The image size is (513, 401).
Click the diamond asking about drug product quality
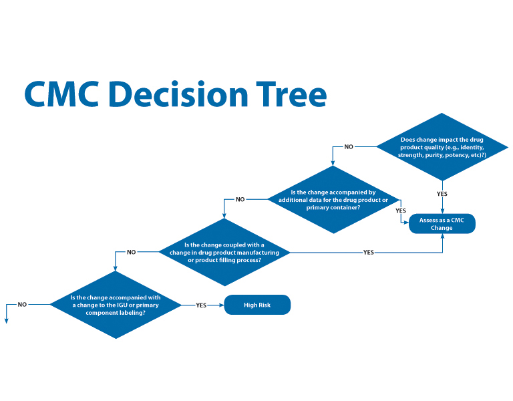point(443,146)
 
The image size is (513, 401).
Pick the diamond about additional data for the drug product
point(334,199)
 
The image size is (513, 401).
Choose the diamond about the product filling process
point(224,252)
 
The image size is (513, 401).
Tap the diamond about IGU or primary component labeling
point(116,304)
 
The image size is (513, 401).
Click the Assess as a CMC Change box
point(442,223)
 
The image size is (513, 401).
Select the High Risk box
point(257,305)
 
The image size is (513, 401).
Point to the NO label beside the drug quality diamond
point(349,146)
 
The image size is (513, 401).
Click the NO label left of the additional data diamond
point(240,199)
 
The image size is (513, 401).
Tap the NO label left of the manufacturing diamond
point(131,252)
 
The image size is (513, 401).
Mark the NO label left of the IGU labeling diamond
point(22,304)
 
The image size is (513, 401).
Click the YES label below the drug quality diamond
point(442,194)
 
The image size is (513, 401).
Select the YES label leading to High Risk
point(201,305)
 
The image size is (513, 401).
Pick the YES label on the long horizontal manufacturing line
point(368,252)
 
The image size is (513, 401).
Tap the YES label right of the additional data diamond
point(401,211)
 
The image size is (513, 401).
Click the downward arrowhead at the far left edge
point(6,320)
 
